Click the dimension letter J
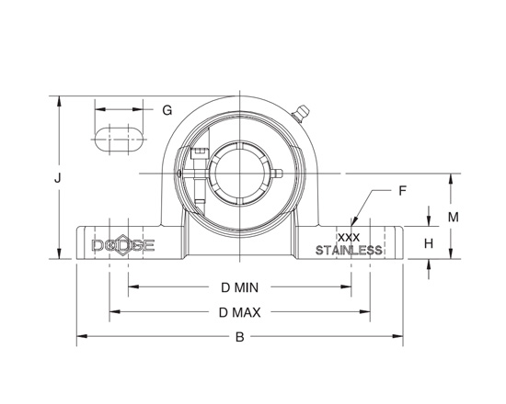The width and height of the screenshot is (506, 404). (x=57, y=179)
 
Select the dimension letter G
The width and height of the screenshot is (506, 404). (x=167, y=110)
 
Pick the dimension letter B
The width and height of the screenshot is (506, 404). (x=239, y=337)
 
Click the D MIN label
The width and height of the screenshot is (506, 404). (x=238, y=287)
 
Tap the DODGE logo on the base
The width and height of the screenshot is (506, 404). (x=123, y=246)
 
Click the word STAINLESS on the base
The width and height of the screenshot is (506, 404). (x=349, y=251)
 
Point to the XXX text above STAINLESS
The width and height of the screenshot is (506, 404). (x=349, y=238)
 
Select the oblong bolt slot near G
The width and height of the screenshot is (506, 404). (x=119, y=140)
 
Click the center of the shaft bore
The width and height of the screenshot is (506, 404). (x=239, y=174)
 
